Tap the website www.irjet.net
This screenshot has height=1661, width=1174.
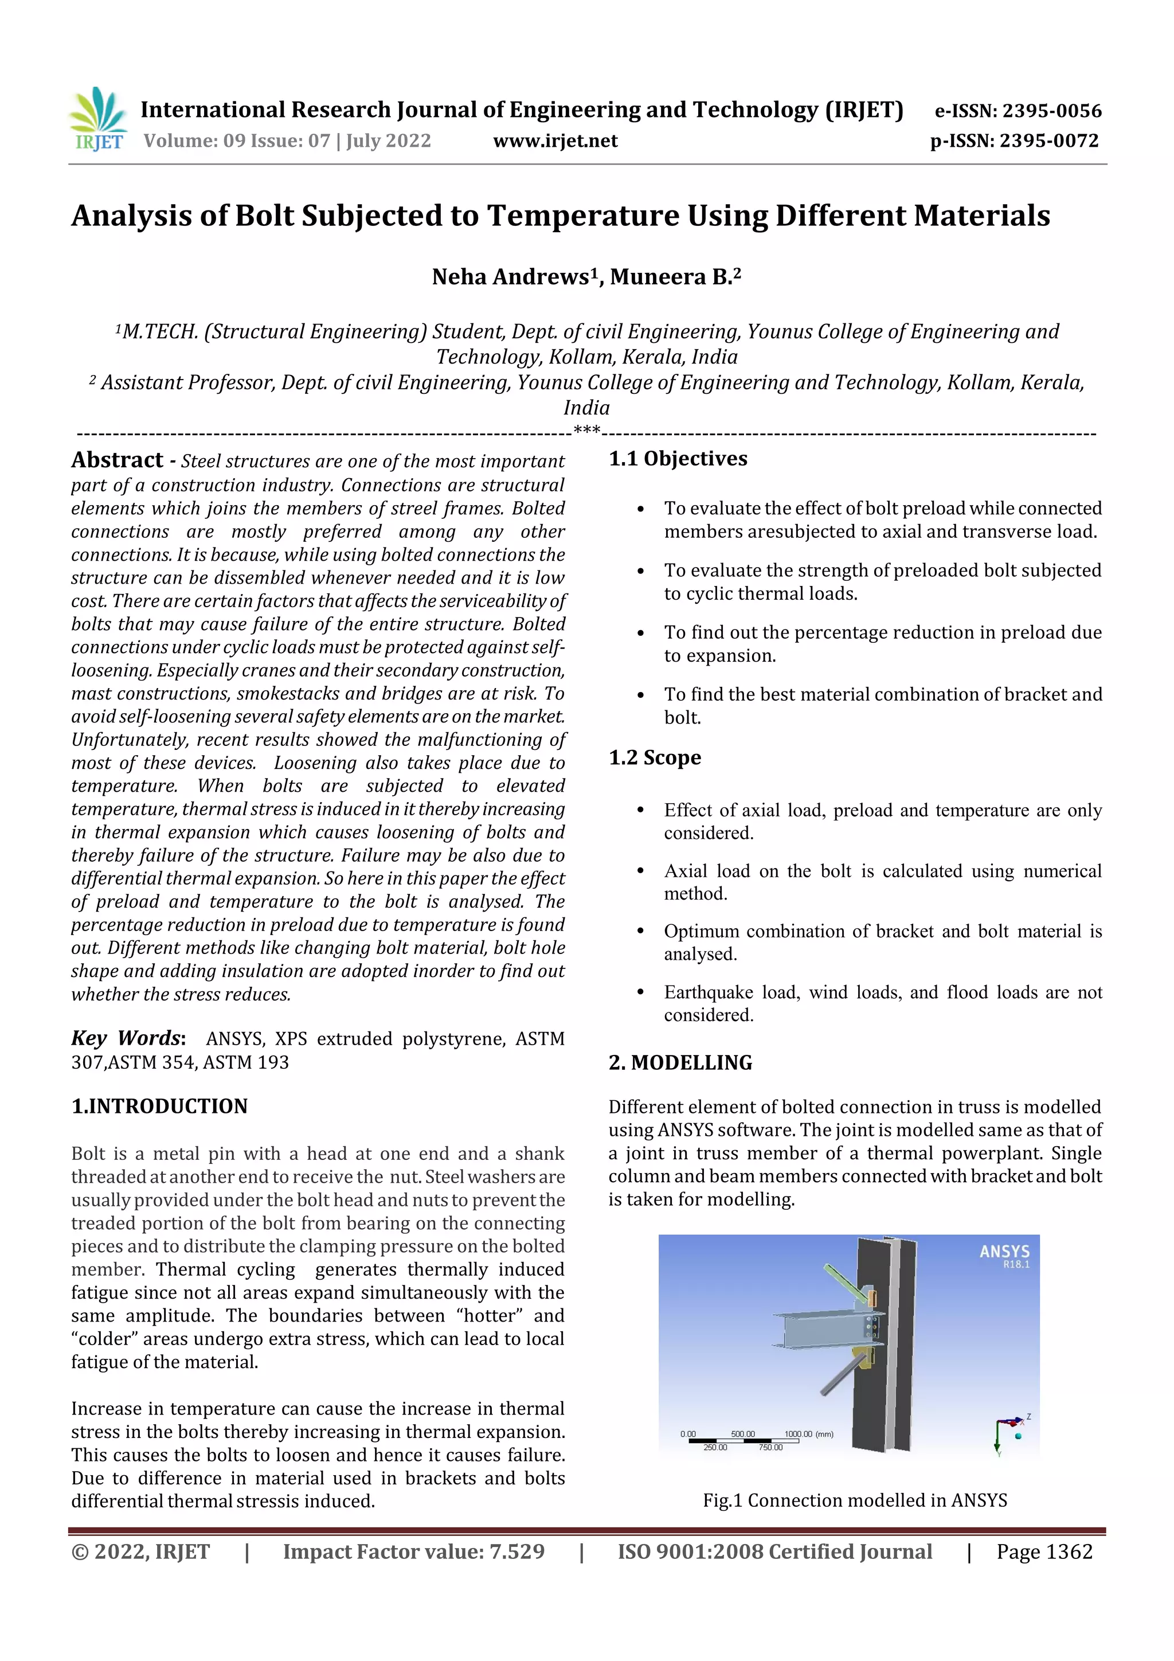(555, 141)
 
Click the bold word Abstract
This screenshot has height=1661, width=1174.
(117, 460)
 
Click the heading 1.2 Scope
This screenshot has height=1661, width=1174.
(655, 757)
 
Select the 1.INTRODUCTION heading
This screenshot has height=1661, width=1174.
(159, 1106)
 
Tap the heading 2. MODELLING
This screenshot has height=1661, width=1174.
(680, 1063)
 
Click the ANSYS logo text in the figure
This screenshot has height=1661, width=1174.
(1004, 1252)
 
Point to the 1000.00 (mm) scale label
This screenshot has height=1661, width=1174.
(809, 1434)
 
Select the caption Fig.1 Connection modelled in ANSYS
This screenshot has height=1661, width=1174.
(854, 1500)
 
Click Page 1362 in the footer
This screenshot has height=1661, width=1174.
(1044, 1551)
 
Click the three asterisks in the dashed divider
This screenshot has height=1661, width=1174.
(586, 431)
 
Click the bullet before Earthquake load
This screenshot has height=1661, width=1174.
(640, 992)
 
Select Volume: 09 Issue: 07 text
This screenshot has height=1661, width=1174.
(287, 141)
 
